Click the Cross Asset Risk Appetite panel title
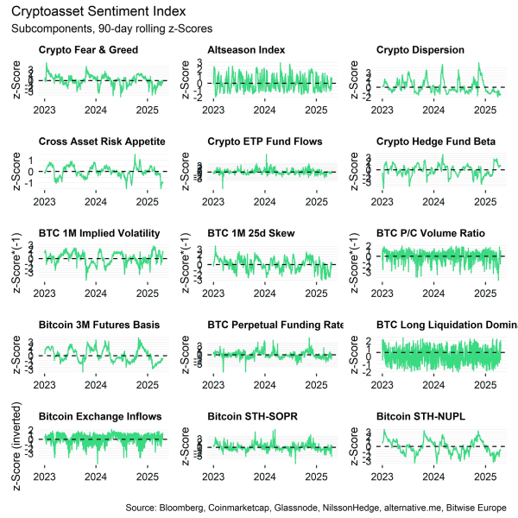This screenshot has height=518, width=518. [x=102, y=142]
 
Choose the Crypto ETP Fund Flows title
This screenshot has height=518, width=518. [x=265, y=142]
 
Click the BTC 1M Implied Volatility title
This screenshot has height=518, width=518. [x=100, y=233]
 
